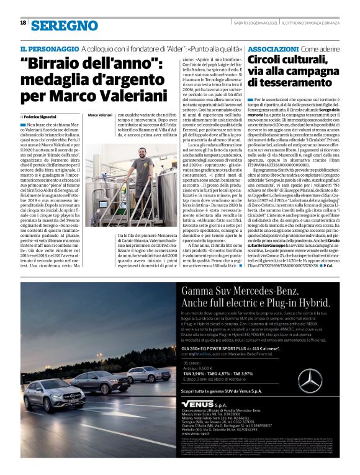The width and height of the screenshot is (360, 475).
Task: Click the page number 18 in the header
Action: pos(23,23)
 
